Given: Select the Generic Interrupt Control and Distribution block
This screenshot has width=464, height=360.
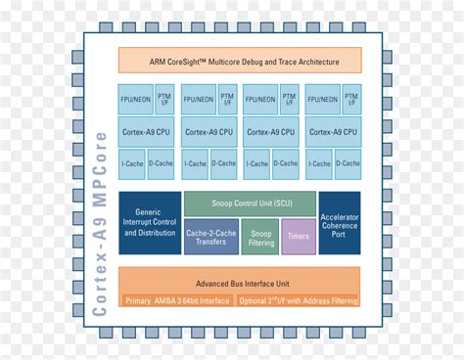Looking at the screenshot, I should (x=148, y=222).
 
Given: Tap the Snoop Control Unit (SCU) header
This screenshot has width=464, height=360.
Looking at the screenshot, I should (x=250, y=203).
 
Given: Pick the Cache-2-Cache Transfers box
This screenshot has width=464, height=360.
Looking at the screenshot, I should (x=210, y=236).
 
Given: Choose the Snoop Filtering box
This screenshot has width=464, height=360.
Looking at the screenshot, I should (x=261, y=236).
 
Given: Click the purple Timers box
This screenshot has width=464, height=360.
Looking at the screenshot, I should (x=299, y=236).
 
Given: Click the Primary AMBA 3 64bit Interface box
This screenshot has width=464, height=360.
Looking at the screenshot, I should (x=177, y=300).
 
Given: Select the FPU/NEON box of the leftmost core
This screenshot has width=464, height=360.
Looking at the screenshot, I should (x=136, y=99).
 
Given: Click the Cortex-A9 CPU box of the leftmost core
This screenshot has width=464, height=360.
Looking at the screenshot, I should (x=147, y=131).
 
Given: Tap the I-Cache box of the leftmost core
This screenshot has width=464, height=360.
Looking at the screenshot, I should (x=133, y=163).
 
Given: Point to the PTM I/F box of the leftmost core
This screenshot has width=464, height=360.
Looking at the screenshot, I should (x=164, y=99).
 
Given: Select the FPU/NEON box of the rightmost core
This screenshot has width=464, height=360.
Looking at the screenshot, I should (x=324, y=99).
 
